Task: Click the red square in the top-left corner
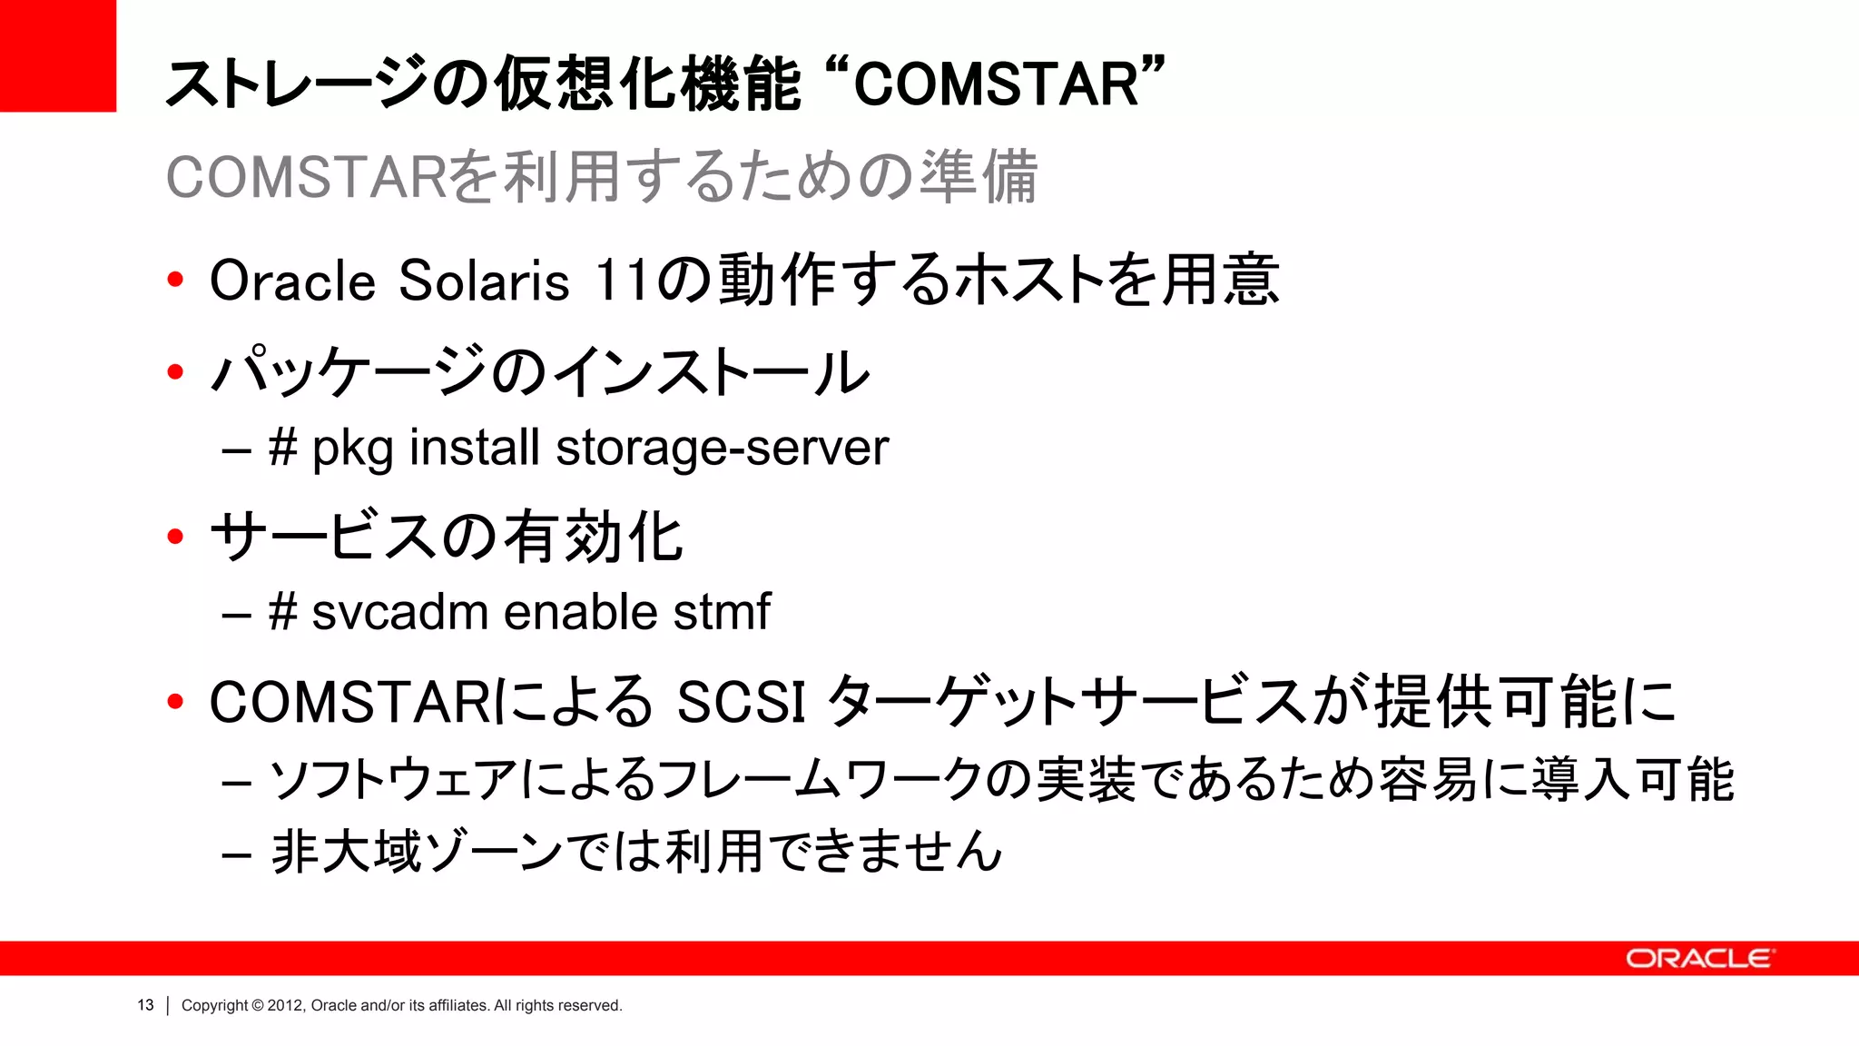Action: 57,55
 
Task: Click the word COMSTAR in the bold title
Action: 996,84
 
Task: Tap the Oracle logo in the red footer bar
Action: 1697,959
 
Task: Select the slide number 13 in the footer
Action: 145,1005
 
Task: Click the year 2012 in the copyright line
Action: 284,1005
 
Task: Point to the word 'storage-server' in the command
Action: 722,448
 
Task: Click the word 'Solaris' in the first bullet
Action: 484,281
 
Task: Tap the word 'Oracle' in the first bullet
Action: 292,281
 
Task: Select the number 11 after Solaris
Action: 622,281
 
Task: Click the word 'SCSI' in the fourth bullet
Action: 741,702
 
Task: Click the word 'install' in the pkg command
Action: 474,448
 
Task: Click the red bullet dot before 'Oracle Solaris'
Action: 175,280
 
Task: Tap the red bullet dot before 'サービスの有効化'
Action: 175,537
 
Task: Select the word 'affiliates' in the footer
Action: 458,1005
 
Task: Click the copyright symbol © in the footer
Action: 258,1005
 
